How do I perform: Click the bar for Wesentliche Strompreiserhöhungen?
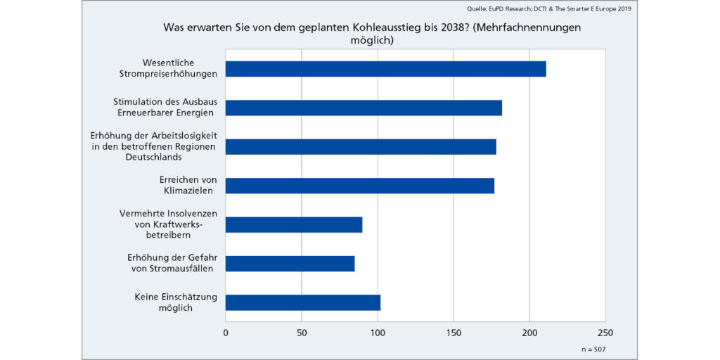pyautogui.click(x=385, y=69)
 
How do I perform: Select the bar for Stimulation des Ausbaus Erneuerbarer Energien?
pyautogui.click(x=364, y=108)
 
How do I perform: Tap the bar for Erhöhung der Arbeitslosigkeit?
pyautogui.click(x=361, y=146)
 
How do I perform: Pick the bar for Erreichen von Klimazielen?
pyautogui.click(x=360, y=186)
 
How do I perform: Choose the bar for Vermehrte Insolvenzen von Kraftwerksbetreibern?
pyautogui.click(x=294, y=224)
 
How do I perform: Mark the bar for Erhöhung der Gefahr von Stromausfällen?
pyautogui.click(x=290, y=264)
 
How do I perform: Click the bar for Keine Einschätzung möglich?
pyautogui.click(x=303, y=302)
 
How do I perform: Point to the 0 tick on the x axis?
pyautogui.click(x=226, y=332)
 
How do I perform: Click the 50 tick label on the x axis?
pyautogui.click(x=302, y=332)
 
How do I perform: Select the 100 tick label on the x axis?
pyautogui.click(x=378, y=332)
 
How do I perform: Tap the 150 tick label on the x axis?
pyautogui.click(x=454, y=332)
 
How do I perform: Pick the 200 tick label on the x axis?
pyautogui.click(x=529, y=332)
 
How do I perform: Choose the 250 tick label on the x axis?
pyautogui.click(x=605, y=332)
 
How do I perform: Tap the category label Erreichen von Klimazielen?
pyautogui.click(x=188, y=186)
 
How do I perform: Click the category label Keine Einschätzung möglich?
pyautogui.click(x=176, y=302)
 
